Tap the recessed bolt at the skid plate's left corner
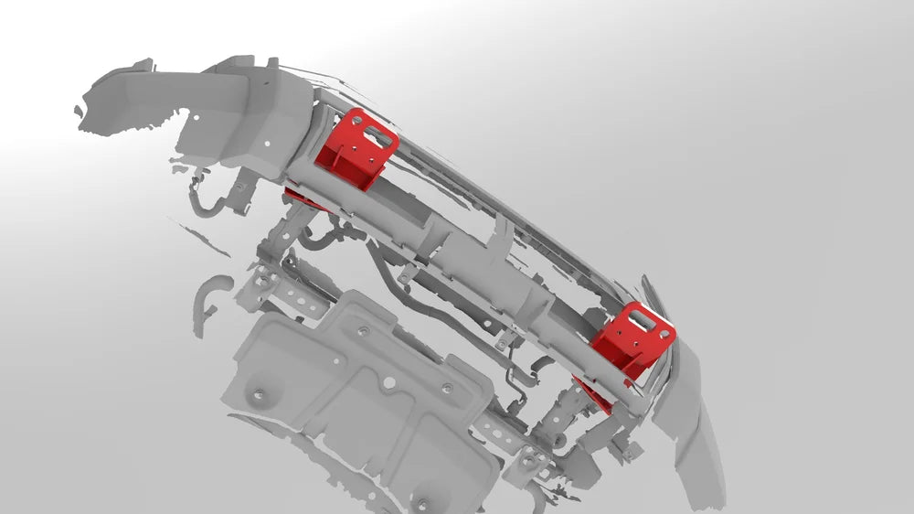pyautogui.click(x=257, y=395)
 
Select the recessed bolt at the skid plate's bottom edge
pyautogui.click(x=421, y=501)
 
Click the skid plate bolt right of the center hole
pyautogui.click(x=446, y=388)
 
